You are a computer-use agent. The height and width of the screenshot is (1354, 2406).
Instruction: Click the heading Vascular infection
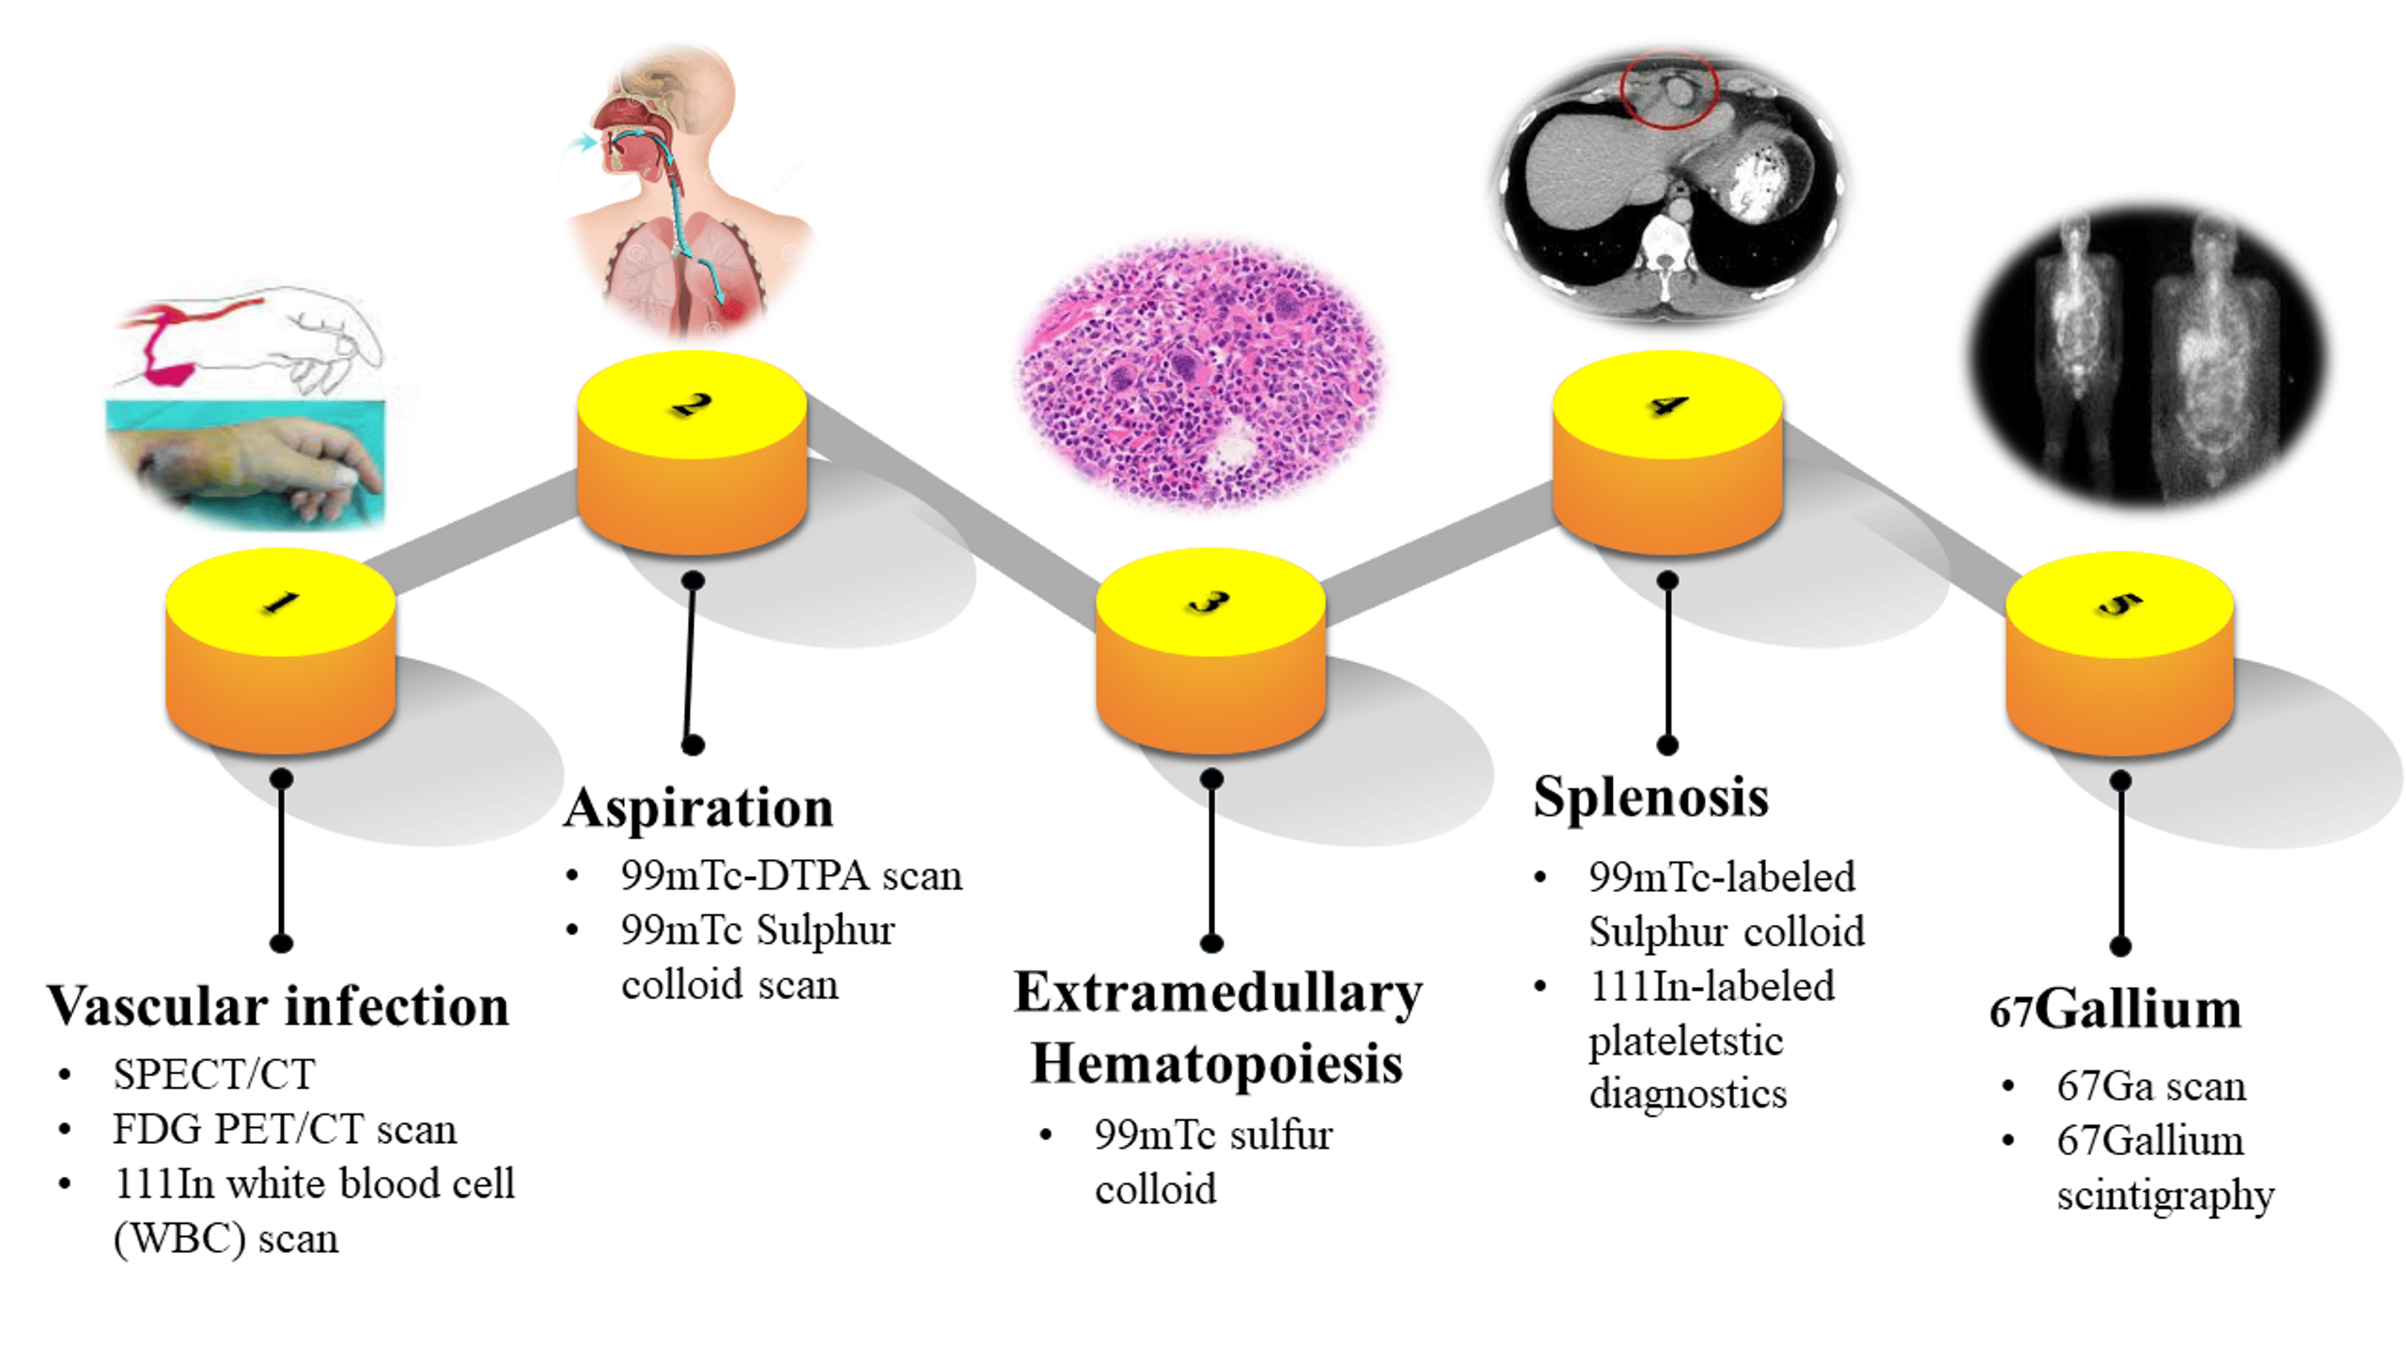pos(278,1007)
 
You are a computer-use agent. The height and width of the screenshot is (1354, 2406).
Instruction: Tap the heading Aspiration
pos(699,808)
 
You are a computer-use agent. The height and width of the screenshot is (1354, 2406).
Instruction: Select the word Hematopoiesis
pos(1216,1064)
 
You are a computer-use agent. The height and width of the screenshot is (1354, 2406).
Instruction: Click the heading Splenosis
pos(1651,797)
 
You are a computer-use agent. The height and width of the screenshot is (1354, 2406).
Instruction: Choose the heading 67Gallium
pos(2115,1010)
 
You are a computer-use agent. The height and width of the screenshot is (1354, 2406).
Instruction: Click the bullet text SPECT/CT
pos(214,1075)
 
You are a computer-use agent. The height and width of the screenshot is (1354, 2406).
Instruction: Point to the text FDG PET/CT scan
pos(285,1129)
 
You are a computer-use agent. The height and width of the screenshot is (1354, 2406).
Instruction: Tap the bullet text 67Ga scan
pos(2150,1087)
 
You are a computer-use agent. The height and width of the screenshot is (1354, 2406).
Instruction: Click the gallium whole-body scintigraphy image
pos(2149,360)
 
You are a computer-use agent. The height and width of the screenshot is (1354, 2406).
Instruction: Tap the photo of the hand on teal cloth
pos(245,460)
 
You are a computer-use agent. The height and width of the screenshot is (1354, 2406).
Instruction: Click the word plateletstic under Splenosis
pos(1686,1041)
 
